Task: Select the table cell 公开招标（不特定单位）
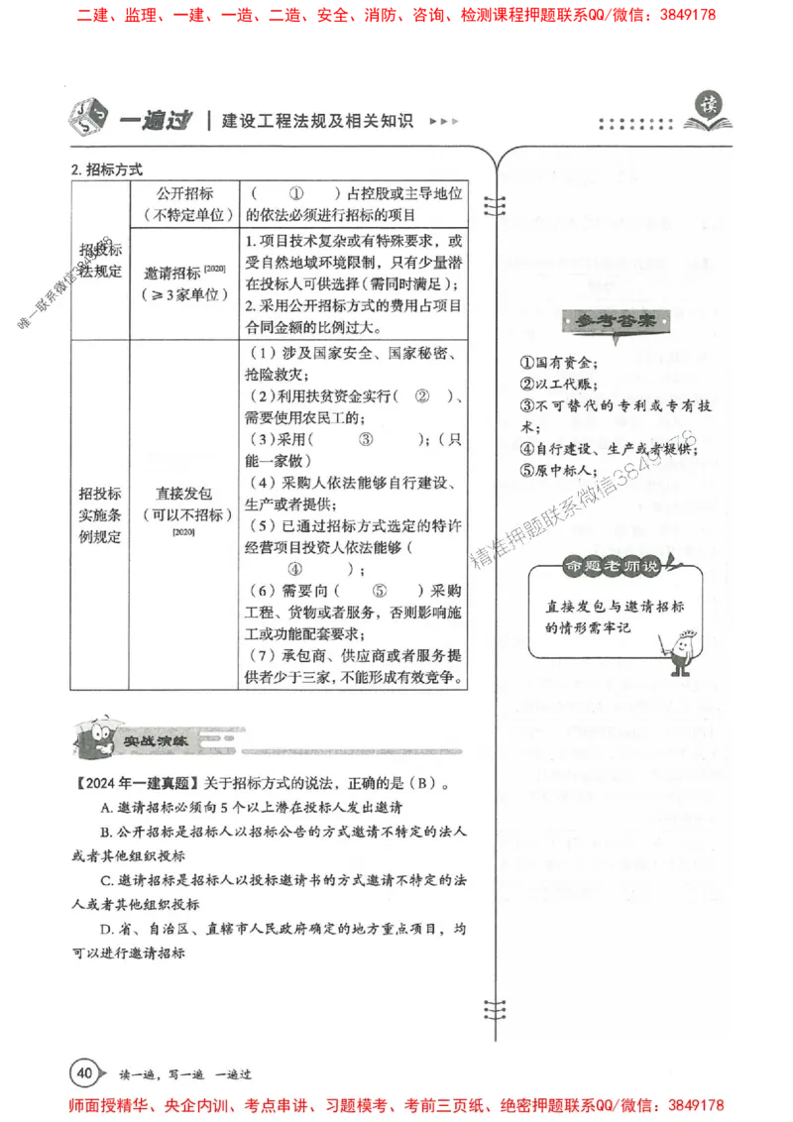point(186,203)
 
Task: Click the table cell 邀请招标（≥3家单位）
point(186,282)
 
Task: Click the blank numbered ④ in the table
point(294,569)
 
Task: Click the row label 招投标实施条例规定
point(99,514)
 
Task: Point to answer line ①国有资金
point(558,362)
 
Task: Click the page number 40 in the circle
point(84,1071)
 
